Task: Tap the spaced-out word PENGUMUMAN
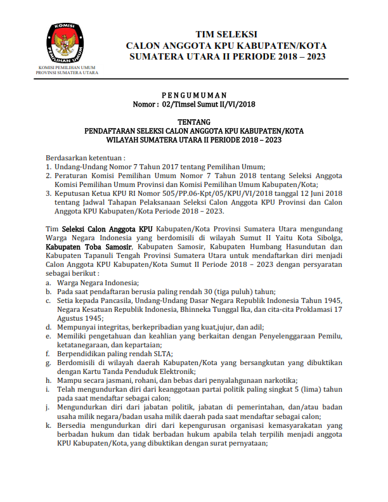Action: click(195, 93)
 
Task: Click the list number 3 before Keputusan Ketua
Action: click(48, 193)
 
